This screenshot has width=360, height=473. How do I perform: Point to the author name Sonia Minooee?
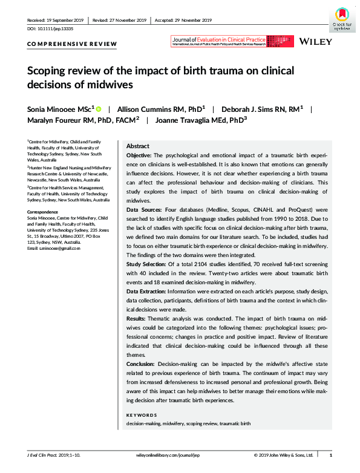tap(54, 109)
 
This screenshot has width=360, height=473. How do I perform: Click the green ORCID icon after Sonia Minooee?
tap(98, 109)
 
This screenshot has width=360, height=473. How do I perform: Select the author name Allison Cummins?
tap(146, 109)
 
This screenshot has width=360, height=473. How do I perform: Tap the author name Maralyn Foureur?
tap(61, 120)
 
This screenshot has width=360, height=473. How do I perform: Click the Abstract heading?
tap(137, 147)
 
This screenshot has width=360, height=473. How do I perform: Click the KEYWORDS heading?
tap(142, 415)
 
